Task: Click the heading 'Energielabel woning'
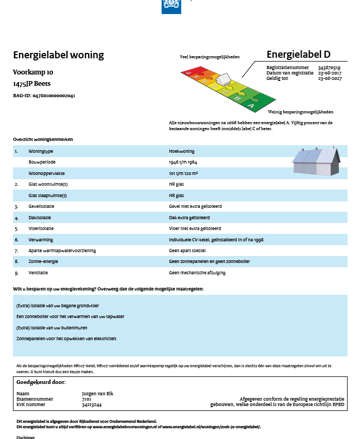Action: [58, 55]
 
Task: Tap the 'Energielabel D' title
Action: [298, 55]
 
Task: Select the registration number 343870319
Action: [329, 67]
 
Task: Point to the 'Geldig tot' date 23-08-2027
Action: [329, 78]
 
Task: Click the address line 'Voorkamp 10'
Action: [34, 72]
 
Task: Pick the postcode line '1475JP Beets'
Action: [36, 84]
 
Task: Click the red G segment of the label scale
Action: [188, 72]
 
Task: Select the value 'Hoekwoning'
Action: [182, 152]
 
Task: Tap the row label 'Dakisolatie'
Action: [41, 218]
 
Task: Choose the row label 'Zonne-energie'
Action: [43, 261]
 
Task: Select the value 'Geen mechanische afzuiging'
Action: [197, 273]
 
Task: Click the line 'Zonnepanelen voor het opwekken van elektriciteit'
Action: [66, 339]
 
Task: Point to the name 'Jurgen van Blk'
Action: [97, 393]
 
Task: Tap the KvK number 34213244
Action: [91, 404]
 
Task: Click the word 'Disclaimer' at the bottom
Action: [26, 437]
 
